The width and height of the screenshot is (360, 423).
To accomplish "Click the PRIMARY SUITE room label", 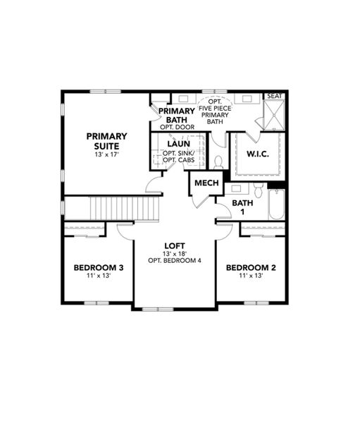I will [106, 140].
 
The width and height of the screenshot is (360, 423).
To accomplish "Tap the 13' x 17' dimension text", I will [106, 154].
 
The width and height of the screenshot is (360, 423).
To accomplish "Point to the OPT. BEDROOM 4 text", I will [175, 261].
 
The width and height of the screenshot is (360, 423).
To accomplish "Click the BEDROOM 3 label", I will [99, 267].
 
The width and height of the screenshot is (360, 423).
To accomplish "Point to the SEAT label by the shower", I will [273, 97].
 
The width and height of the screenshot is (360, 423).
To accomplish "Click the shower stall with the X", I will [273, 116].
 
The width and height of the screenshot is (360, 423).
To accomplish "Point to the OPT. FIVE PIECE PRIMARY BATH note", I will [214, 111].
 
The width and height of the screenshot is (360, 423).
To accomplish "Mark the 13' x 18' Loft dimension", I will [175, 253].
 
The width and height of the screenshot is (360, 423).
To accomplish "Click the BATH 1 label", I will [242, 208].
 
